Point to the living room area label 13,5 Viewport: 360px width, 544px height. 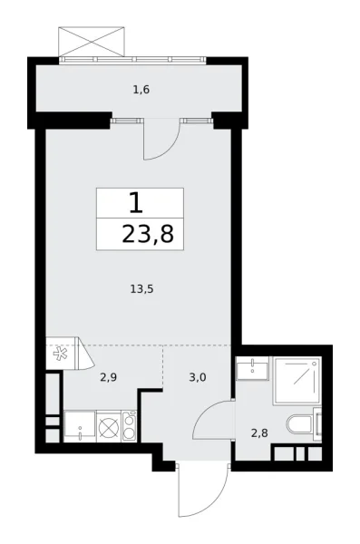pyautogui.click(x=141, y=290)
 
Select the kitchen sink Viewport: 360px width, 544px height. pyautogui.click(x=80, y=424)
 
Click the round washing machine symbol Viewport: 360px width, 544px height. pyautogui.click(x=110, y=425)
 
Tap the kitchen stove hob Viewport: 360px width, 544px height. pyautogui.click(x=129, y=425)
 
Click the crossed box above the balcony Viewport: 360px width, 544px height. pyautogui.click(x=90, y=42)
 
